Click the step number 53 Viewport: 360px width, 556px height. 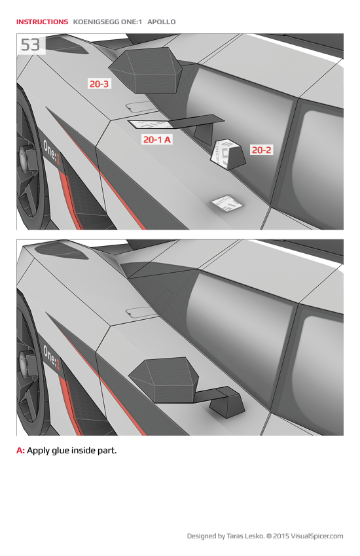click(30, 44)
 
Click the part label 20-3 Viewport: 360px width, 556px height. click(99, 84)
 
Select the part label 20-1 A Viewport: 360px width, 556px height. click(157, 139)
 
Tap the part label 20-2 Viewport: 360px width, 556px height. click(261, 150)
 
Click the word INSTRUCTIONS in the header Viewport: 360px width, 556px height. click(42, 22)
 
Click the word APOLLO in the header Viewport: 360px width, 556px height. click(161, 22)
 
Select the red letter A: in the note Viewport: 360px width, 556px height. click(20, 451)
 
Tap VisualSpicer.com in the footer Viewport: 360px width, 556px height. click(317, 536)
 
